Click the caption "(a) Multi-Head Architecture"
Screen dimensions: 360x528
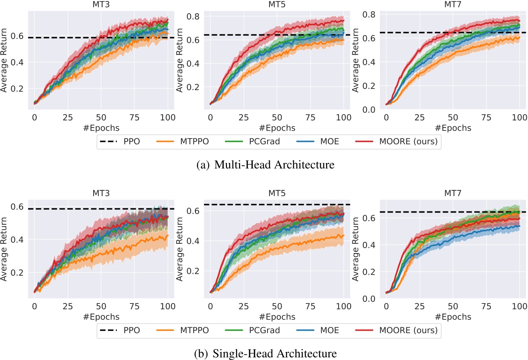click(266, 165)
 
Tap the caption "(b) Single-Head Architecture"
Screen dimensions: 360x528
click(265, 354)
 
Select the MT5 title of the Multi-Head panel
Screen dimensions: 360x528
click(277, 5)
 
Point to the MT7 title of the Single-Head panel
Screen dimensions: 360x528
click(453, 193)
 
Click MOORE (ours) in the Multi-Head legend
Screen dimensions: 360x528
click(408, 142)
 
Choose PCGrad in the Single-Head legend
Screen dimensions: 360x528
click(264, 330)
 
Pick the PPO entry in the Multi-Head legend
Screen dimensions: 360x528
click(131, 142)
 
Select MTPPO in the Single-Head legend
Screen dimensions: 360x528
click(194, 330)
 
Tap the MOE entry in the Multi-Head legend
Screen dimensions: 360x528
click(330, 142)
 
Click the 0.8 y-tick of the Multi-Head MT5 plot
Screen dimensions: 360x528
click(193, 16)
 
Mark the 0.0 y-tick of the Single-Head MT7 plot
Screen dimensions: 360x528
click(369, 299)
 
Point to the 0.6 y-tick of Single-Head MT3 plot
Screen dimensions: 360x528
click(17, 207)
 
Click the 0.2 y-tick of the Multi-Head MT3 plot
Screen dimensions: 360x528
click(17, 89)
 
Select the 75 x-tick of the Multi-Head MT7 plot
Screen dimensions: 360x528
click(486, 118)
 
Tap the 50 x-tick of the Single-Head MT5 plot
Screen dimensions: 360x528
click(277, 307)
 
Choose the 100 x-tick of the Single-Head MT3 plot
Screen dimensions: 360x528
click(168, 307)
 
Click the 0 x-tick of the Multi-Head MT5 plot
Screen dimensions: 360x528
click(211, 118)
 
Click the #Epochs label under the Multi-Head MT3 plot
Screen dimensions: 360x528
click(101, 128)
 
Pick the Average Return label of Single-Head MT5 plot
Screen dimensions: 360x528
click(179, 250)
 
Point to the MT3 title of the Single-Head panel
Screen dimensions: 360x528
click(101, 193)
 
